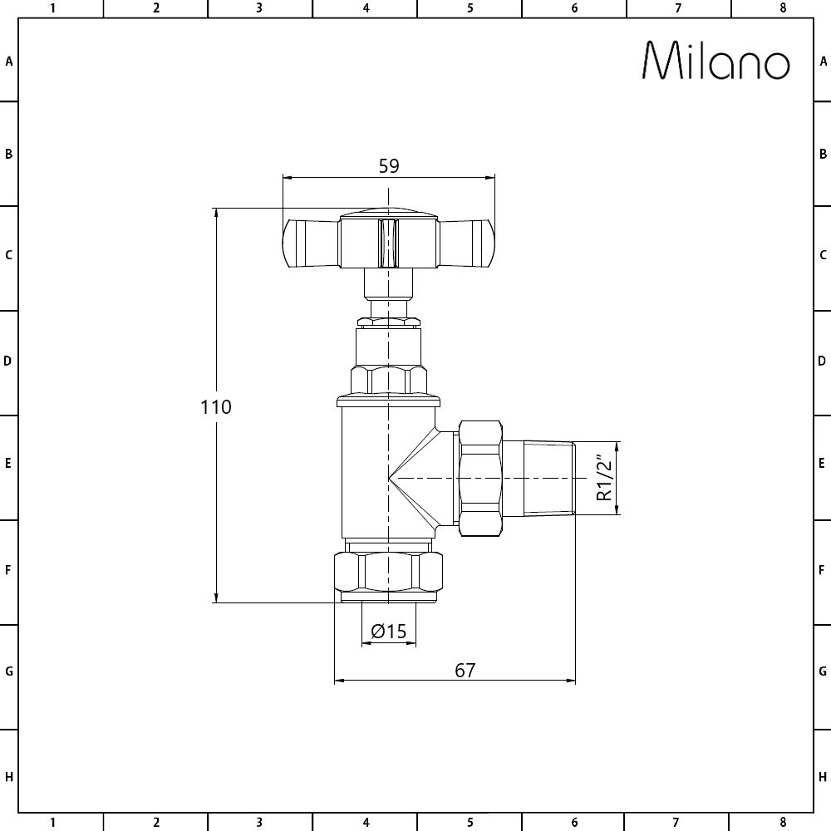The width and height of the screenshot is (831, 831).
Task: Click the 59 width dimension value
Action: pos(388,166)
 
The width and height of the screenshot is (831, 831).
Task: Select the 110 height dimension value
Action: pos(216,406)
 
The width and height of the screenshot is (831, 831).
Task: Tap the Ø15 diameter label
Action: pos(388,632)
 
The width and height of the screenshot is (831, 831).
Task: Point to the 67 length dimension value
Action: pos(465,671)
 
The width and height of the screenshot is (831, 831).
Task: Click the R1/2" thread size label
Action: pos(604,478)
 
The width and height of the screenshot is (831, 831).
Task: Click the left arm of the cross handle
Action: pos(311,243)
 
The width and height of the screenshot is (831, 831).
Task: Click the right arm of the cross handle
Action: pos(467,243)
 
